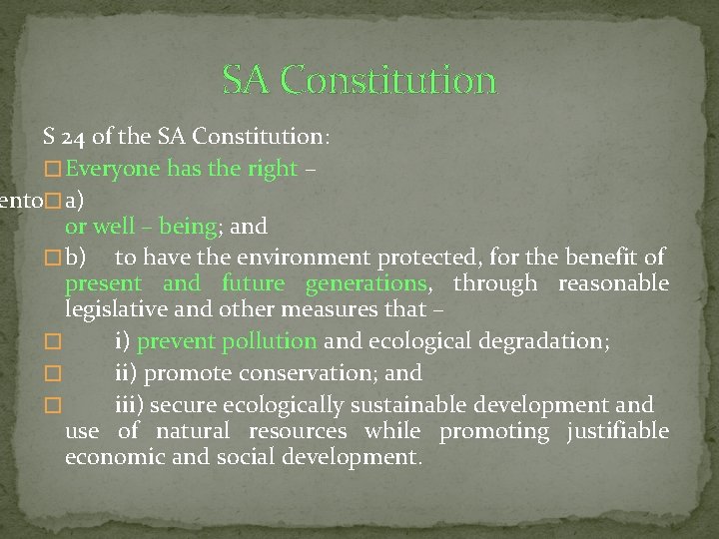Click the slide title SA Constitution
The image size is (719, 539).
[359, 79]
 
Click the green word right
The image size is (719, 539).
[274, 169]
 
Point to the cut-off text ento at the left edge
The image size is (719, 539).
[20, 200]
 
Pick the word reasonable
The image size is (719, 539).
[613, 283]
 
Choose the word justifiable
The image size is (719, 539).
[617, 431]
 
